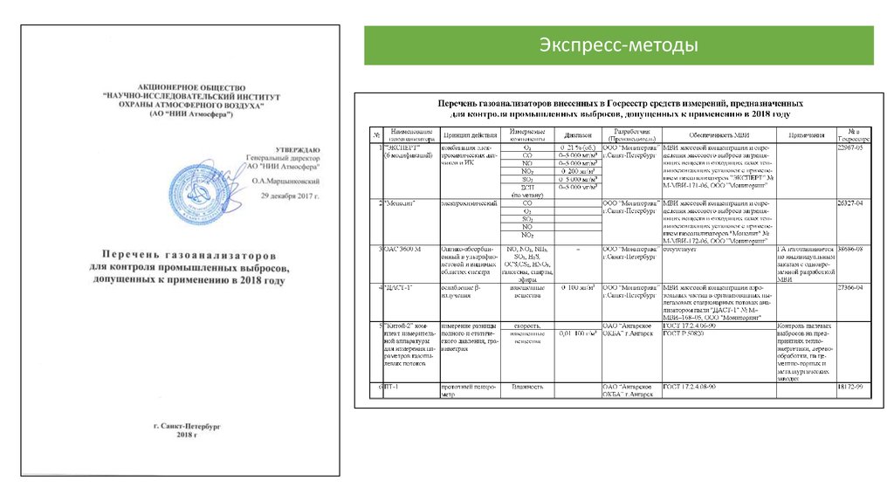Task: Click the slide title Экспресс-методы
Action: [x=618, y=45]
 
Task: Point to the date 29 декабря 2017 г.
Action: [x=291, y=196]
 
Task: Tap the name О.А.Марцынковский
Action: [x=285, y=181]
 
